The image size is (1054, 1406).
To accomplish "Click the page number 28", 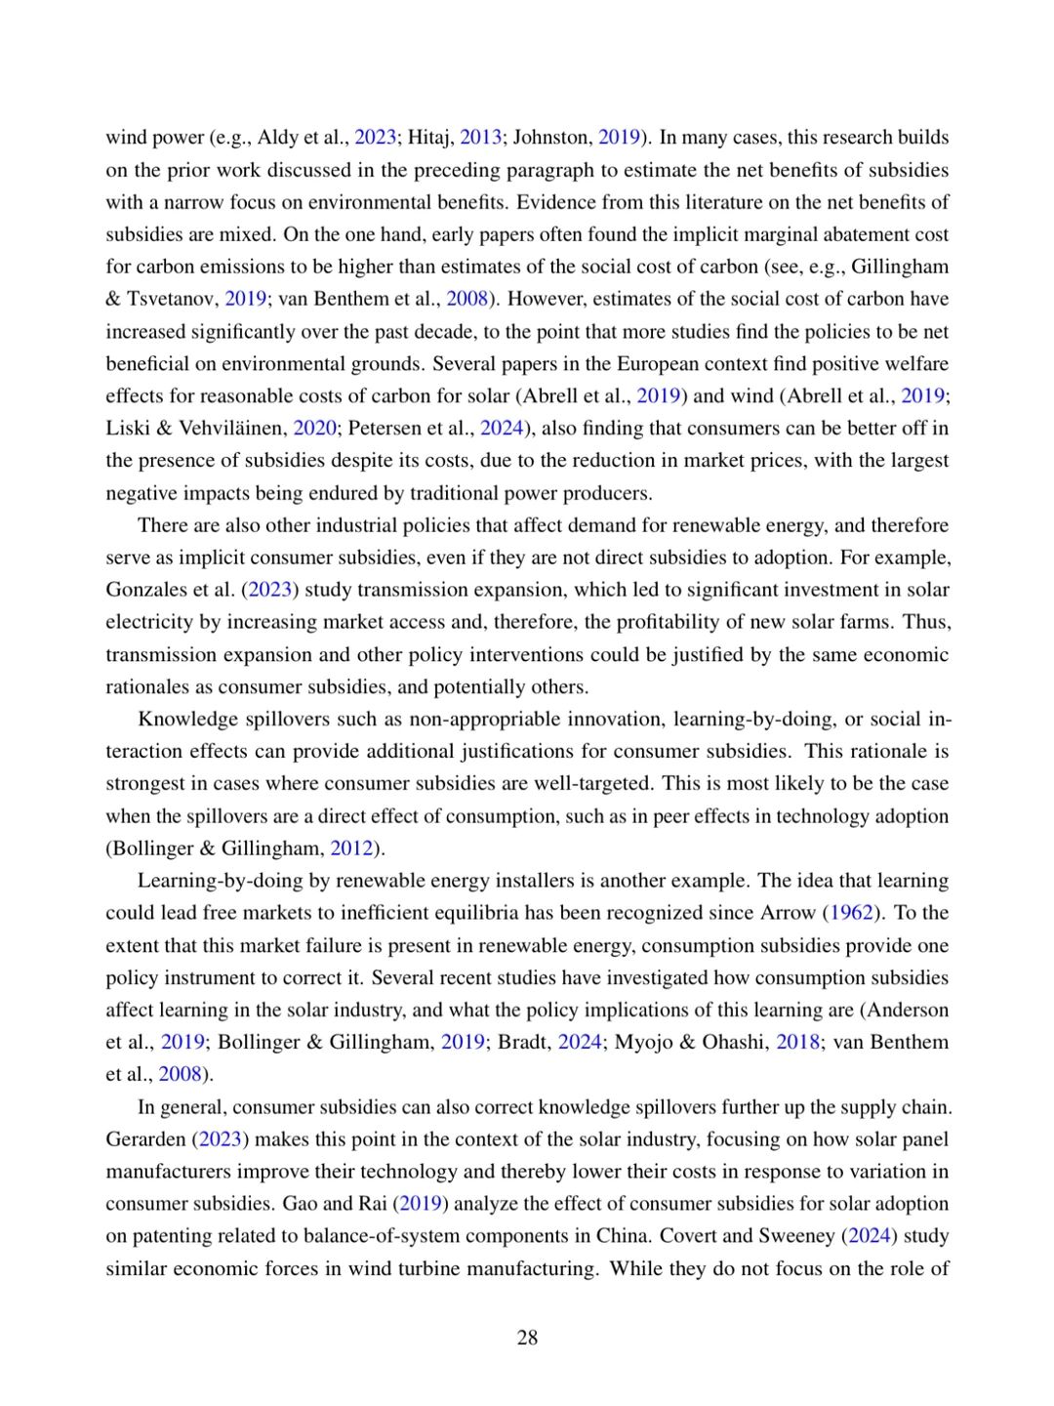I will point(527,1338).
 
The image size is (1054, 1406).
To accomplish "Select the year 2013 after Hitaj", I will point(480,138).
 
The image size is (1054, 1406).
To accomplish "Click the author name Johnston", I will point(551,138).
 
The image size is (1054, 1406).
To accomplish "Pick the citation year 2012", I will point(351,848).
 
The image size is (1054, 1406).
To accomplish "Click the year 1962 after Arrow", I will point(851,913).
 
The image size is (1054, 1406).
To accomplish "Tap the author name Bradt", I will point(522,1042).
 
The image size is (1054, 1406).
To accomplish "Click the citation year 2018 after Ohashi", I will point(797,1042).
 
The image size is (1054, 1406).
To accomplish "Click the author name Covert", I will point(691,1236).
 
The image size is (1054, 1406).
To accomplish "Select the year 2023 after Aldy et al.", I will point(375,138).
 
